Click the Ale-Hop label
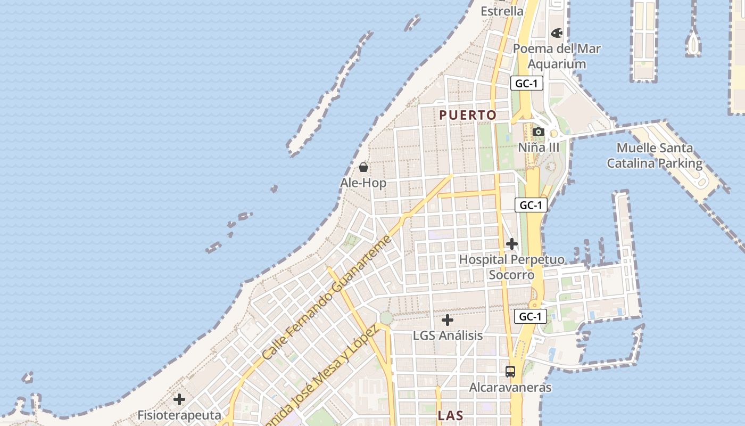363,183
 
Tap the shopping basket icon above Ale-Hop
363,168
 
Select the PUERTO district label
468,115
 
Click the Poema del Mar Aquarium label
557,56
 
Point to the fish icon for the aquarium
557,33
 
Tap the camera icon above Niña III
538,132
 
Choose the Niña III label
539,147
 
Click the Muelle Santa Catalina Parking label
655,155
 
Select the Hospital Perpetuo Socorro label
511,267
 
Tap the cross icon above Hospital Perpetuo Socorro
512,244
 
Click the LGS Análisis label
448,335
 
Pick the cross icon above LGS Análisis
448,320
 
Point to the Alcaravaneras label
510,387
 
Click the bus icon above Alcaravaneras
510,371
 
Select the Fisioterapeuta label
179,415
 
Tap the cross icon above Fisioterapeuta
179,399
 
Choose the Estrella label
502,11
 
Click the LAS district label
450,416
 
